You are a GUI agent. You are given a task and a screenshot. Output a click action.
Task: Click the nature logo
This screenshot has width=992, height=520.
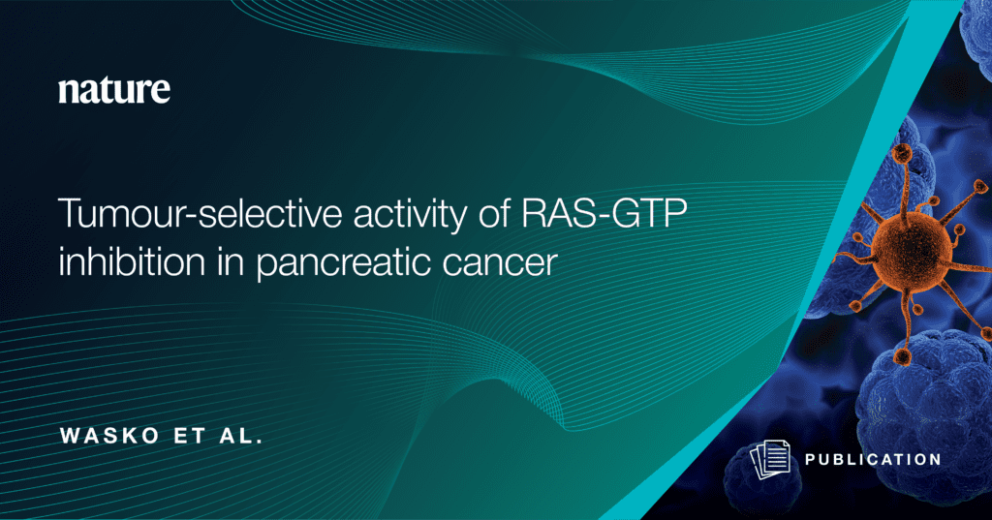coord(114,90)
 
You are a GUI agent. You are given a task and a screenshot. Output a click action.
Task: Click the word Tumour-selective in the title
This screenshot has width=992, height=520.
coord(200,213)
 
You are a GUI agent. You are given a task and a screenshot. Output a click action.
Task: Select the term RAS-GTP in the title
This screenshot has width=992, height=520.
coord(604,213)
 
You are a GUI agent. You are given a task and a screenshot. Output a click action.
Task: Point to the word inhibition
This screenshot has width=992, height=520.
coord(132,260)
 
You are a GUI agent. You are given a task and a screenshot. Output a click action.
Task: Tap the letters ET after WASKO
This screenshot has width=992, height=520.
coord(189,436)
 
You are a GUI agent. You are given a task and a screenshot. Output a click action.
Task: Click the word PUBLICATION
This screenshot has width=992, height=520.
coord(873,460)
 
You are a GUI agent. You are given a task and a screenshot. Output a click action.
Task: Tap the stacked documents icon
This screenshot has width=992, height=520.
coord(770,459)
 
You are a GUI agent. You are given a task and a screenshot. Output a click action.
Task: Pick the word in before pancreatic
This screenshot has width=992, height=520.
coord(231,260)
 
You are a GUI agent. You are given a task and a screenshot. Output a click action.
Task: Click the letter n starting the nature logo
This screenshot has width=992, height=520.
coord(68,92)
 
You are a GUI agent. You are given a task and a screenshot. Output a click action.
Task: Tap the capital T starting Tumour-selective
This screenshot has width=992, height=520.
coord(70,214)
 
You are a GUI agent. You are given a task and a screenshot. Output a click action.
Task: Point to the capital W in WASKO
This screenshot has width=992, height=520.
coord(70,436)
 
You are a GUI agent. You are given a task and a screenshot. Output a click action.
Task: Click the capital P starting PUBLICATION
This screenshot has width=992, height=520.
coord(811,460)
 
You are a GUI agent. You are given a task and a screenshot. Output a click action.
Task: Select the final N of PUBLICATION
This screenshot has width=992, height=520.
coord(935,460)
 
